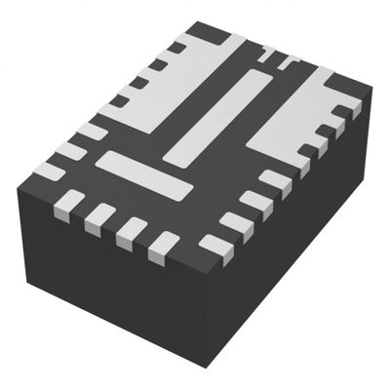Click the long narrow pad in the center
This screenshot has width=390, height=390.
pyautogui.click(x=216, y=115)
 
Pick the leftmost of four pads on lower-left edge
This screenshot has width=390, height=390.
pyautogui.click(x=69, y=203)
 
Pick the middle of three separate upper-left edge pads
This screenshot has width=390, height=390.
pyautogui.click(x=92, y=129)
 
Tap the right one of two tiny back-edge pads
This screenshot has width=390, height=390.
pyautogui.click(x=289, y=64)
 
